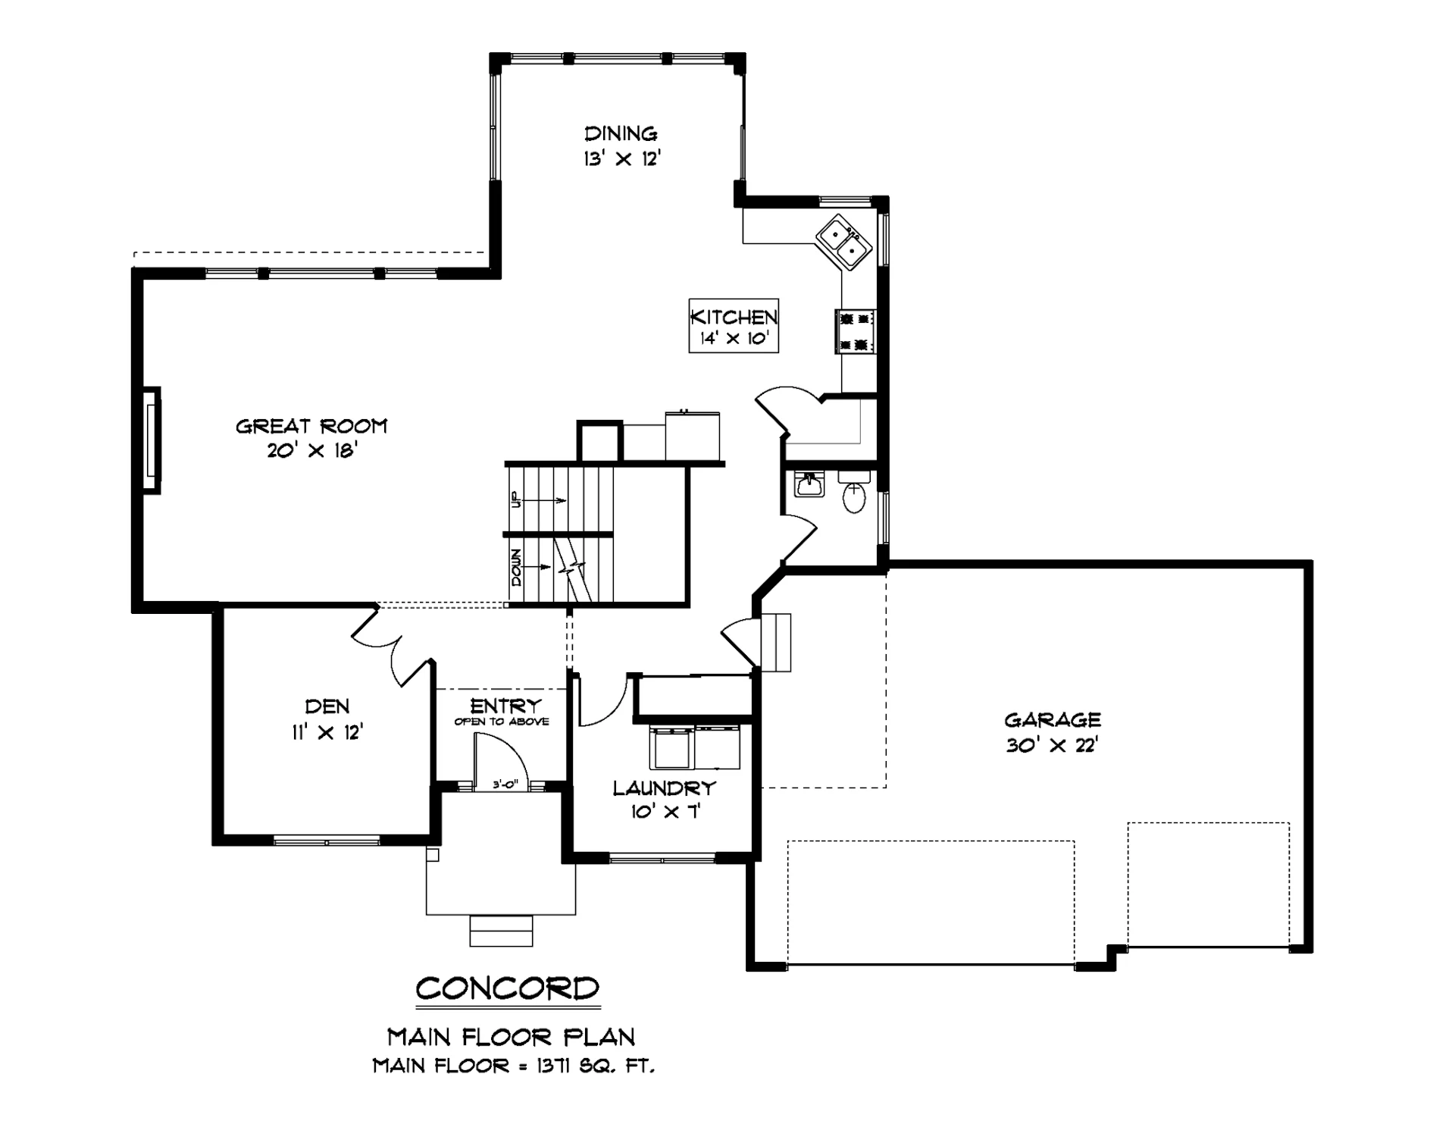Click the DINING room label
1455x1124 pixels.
[x=621, y=134]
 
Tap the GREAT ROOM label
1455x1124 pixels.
[x=311, y=426]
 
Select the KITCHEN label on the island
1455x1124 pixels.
[x=734, y=317]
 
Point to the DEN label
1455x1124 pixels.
[x=327, y=706]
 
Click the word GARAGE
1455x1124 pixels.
[x=1053, y=719]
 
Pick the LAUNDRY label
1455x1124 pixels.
[x=664, y=788]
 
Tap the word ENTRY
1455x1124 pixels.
[x=505, y=706]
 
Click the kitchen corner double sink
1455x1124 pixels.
[x=843, y=242]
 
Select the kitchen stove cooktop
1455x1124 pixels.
[x=856, y=331]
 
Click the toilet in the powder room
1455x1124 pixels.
[x=854, y=492]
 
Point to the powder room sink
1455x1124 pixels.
[x=809, y=484]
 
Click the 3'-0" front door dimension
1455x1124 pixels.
[x=504, y=784]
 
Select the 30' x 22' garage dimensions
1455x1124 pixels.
[x=1053, y=745]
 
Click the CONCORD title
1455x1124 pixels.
[x=508, y=988]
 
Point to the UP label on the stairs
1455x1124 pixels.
[x=515, y=499]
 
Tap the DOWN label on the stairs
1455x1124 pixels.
[x=516, y=568]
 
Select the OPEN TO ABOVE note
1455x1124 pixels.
[x=502, y=722]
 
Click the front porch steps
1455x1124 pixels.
[x=501, y=931]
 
